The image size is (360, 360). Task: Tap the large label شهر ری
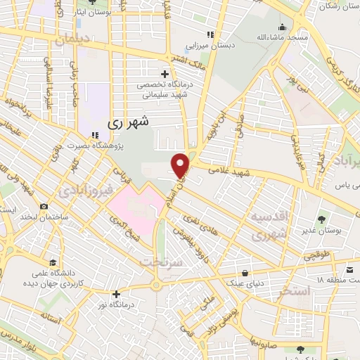click(129, 121)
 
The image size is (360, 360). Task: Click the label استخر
click(295, 291)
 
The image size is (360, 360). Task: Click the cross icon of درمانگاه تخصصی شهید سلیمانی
click(165, 73)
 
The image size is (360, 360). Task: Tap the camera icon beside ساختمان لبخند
click(44, 207)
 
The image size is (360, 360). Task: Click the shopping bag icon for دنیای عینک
click(244, 273)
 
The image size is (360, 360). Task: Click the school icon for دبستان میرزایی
click(210, 34)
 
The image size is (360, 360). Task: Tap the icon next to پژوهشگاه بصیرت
click(94, 135)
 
